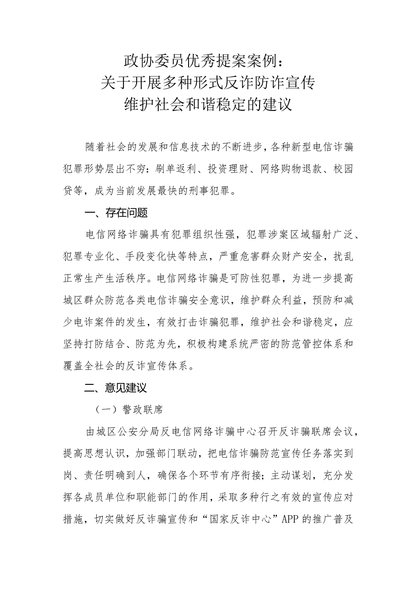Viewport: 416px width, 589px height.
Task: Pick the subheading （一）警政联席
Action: coord(129,410)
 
